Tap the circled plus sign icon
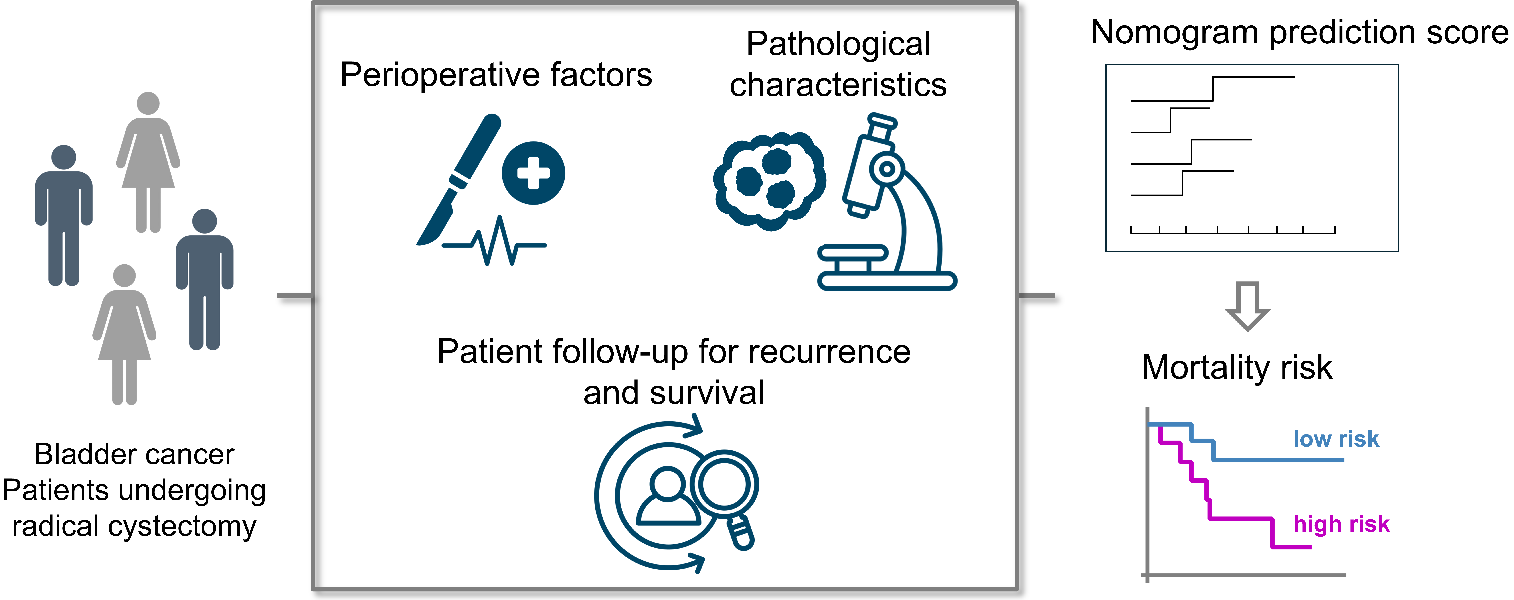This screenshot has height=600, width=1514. point(533,173)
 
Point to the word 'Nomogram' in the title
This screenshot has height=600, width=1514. point(1176,32)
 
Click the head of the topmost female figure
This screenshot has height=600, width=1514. point(148,103)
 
